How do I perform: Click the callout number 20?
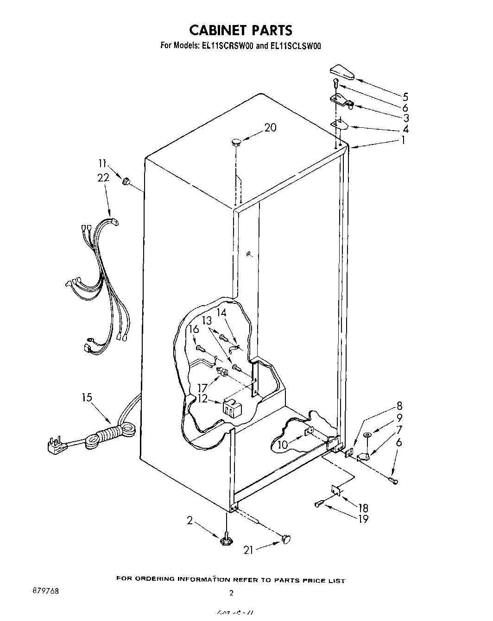point(270,127)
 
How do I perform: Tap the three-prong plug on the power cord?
point(54,445)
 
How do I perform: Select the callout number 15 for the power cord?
point(87,397)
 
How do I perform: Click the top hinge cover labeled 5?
point(341,72)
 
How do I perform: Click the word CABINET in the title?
point(218,30)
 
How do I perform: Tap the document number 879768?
point(45,591)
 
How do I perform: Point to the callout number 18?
point(363,508)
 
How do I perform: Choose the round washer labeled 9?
point(367,434)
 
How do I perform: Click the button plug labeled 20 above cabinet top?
point(236,142)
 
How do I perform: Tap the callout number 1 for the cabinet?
point(403,140)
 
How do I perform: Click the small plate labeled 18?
point(335,489)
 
